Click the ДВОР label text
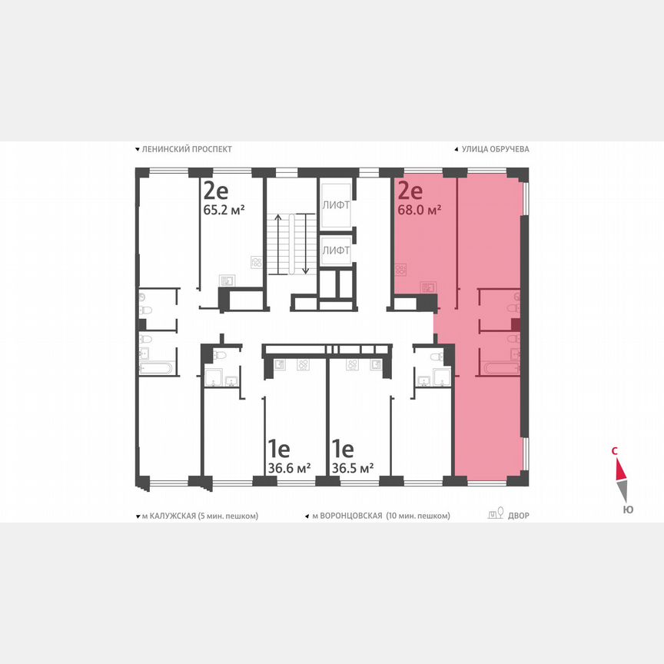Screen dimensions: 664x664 pyautogui.click(x=519, y=516)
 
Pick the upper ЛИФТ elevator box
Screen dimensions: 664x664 pyautogui.click(x=336, y=205)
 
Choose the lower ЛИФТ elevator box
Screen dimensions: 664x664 pyautogui.click(x=336, y=250)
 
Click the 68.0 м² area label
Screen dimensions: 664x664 pyautogui.click(x=419, y=209)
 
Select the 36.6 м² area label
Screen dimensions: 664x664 pyautogui.click(x=289, y=467)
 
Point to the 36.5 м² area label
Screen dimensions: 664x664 pyautogui.click(x=353, y=467)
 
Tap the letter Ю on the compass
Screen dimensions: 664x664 pyautogui.click(x=628, y=509)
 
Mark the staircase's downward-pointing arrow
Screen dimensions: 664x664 pyautogui.click(x=306, y=246)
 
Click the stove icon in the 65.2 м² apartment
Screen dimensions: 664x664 pyautogui.click(x=257, y=262)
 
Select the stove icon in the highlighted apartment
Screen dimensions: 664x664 pyautogui.click(x=400, y=270)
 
